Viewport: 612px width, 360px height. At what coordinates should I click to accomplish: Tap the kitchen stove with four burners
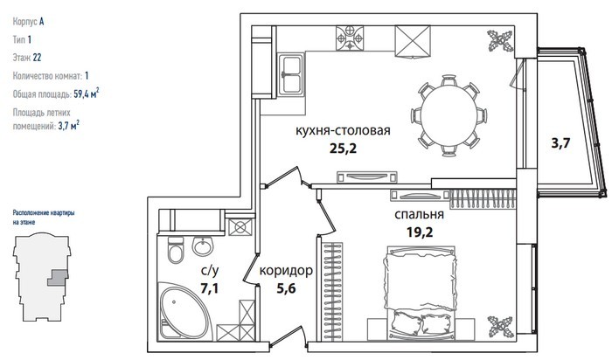[x=350, y=38]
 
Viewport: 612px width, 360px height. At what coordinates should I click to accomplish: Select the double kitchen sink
[x=291, y=74]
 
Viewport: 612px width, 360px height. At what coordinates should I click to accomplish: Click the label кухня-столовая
[x=343, y=130]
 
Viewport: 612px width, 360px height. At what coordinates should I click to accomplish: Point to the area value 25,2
[x=343, y=149]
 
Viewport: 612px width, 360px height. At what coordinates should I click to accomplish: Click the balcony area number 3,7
[x=560, y=143]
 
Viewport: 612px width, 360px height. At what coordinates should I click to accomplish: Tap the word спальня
[x=419, y=215]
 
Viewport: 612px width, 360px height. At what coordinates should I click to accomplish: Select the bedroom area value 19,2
[x=420, y=232]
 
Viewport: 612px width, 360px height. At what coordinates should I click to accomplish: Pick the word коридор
[x=286, y=270]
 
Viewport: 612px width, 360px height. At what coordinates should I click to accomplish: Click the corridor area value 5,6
[x=286, y=288]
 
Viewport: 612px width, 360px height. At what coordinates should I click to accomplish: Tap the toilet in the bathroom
[x=175, y=250]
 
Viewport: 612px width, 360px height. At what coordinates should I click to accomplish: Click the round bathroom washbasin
[x=203, y=246]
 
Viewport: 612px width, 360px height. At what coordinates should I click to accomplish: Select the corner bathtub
[x=183, y=312]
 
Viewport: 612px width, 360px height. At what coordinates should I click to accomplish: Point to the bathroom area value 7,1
[x=209, y=288]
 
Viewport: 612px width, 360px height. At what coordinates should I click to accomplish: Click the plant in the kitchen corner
[x=500, y=41]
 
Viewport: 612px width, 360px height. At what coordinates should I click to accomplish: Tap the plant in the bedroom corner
[x=500, y=327]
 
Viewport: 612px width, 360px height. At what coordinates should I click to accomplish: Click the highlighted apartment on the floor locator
[x=58, y=278]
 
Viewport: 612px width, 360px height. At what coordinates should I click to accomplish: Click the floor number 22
[x=37, y=58]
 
